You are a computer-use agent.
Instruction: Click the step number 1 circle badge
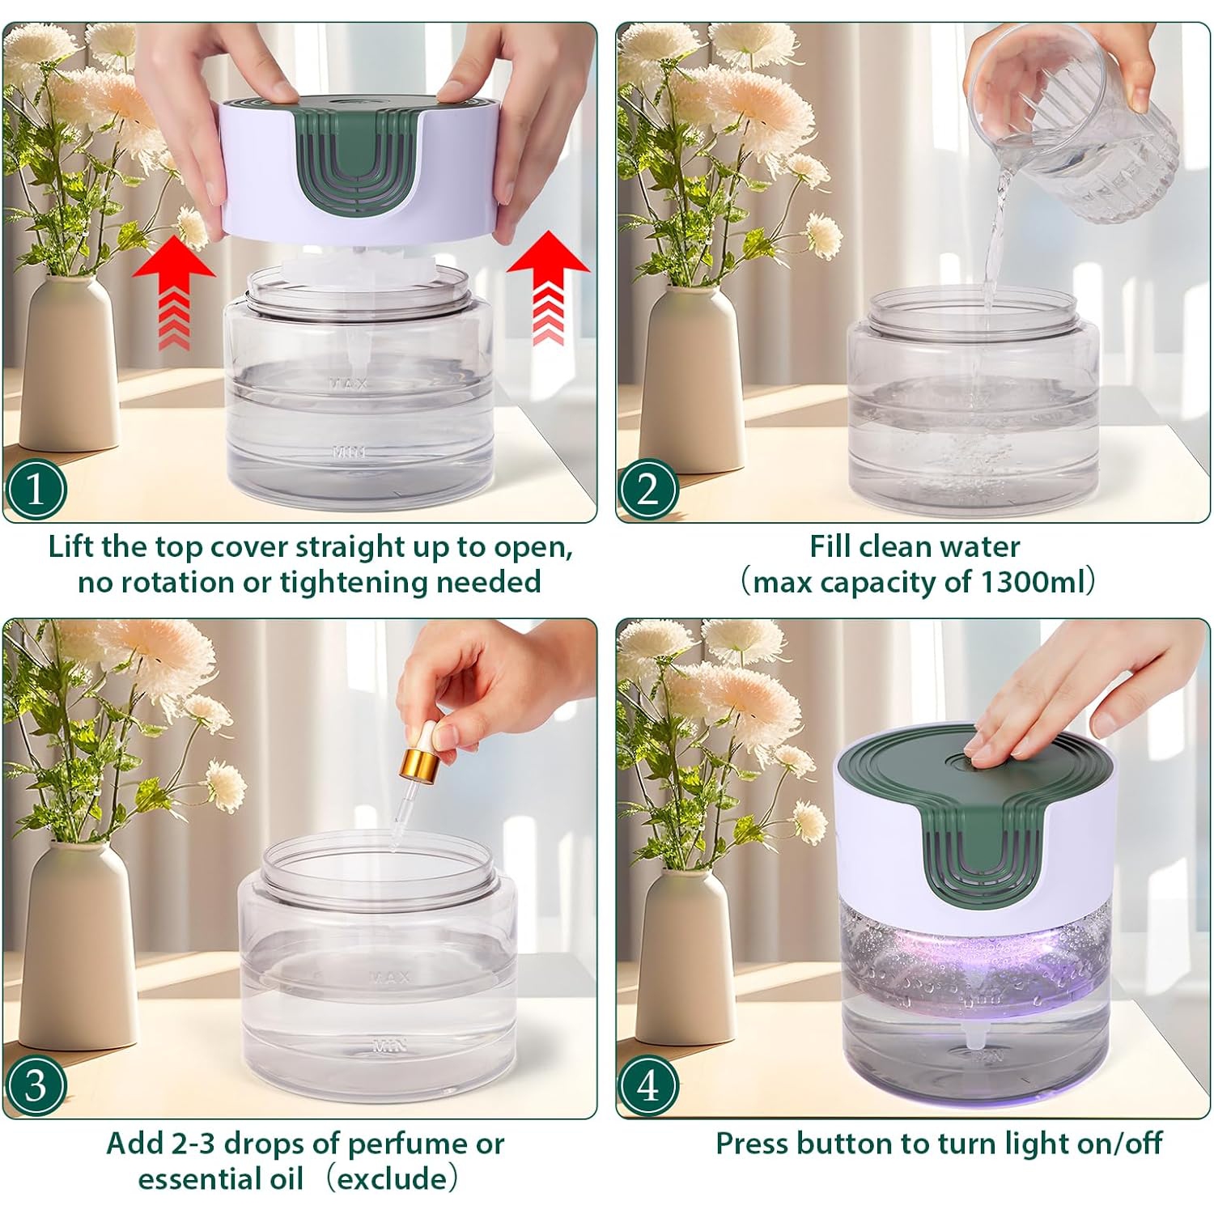tap(36, 489)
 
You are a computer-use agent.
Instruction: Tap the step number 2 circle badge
tap(647, 489)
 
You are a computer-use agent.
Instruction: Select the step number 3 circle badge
tap(36, 1085)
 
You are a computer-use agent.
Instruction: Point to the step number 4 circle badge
tap(647, 1085)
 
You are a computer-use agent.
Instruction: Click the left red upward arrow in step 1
tap(173, 287)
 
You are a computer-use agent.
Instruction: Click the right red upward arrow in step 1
tap(549, 283)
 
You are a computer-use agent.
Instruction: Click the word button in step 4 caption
tap(847, 1144)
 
